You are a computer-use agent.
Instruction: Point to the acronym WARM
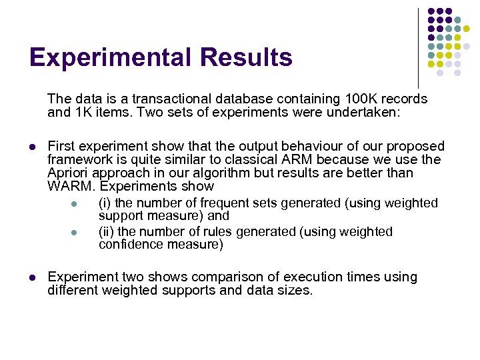[x=69, y=186]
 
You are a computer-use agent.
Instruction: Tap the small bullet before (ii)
[x=75, y=233]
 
